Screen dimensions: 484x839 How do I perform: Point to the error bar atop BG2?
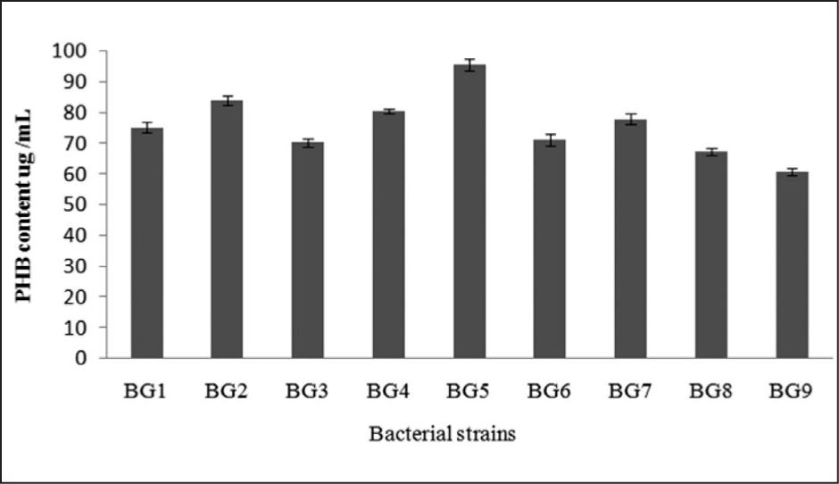point(227,101)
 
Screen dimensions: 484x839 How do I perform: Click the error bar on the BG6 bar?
point(550,139)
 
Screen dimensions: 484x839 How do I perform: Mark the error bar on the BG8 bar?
point(711,153)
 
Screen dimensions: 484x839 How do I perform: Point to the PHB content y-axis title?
point(27,204)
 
